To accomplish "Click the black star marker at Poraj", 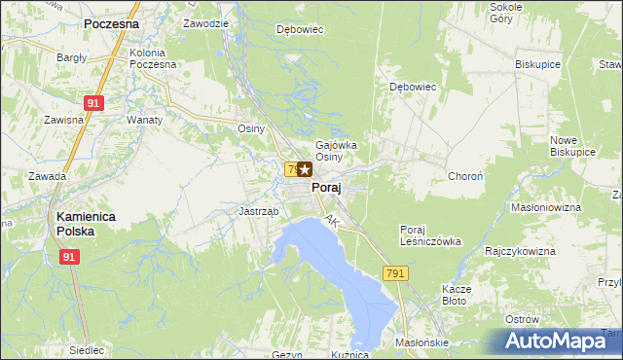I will click(x=305, y=169).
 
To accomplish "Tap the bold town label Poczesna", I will click(x=111, y=22).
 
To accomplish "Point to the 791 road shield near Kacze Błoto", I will click(x=394, y=274).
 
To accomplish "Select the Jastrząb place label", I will click(x=259, y=211).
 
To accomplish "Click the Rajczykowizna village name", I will click(x=520, y=251).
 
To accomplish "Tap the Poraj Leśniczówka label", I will click(x=422, y=236).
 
